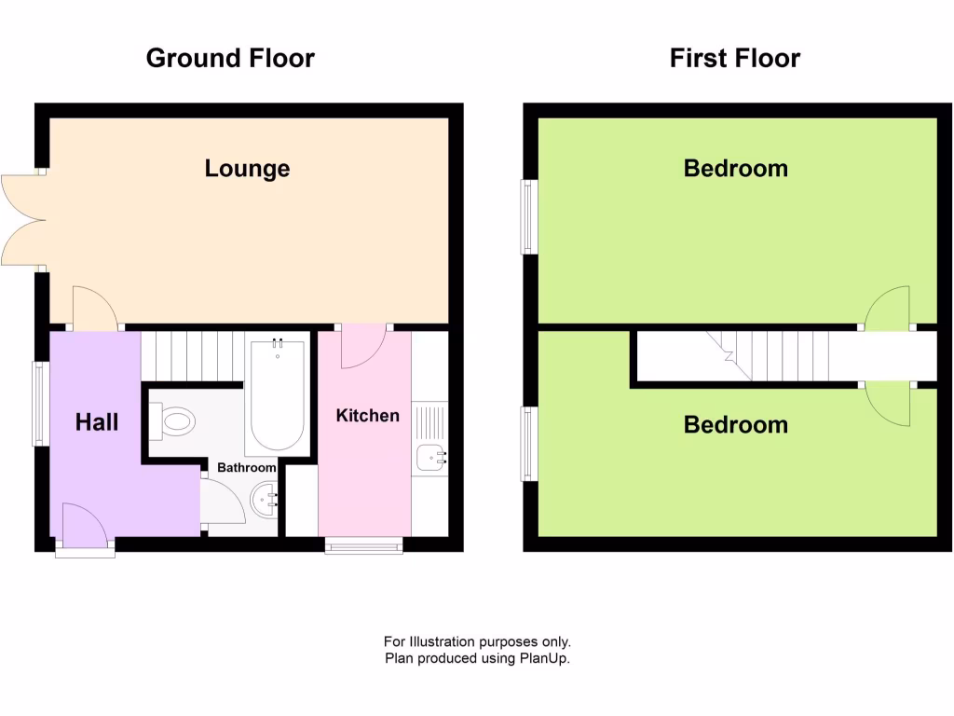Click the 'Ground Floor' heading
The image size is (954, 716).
tap(230, 58)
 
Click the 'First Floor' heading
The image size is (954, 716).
tap(734, 58)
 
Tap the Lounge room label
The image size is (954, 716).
tap(247, 169)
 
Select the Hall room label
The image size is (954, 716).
tap(97, 422)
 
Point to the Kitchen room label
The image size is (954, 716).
tap(367, 416)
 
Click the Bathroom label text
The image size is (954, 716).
tap(247, 467)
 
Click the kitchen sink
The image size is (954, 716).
tap(429, 457)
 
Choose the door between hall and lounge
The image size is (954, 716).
tap(95, 309)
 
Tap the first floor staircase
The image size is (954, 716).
tap(773, 356)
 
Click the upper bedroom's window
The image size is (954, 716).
tap(528, 216)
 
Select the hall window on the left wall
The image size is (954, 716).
tap(39, 404)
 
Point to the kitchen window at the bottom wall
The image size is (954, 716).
tap(363, 545)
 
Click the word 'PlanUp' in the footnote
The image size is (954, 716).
tap(543, 658)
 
